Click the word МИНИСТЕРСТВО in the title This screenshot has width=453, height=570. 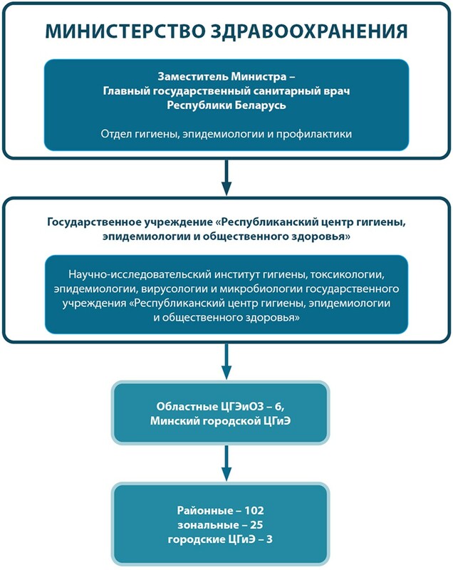click(125, 31)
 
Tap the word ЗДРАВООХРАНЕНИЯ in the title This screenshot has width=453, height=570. click(309, 31)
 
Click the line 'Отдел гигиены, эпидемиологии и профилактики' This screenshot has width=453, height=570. click(226, 134)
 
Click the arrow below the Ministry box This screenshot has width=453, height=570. click(226, 177)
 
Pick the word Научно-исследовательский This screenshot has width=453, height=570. click(140, 274)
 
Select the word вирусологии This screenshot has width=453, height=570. click(174, 289)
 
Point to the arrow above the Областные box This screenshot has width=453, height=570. click(226, 361)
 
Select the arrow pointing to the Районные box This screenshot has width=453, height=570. click(226, 463)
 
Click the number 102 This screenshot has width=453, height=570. click(254, 510)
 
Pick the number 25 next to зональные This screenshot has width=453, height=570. click(256, 525)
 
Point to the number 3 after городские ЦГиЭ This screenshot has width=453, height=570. click(269, 539)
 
